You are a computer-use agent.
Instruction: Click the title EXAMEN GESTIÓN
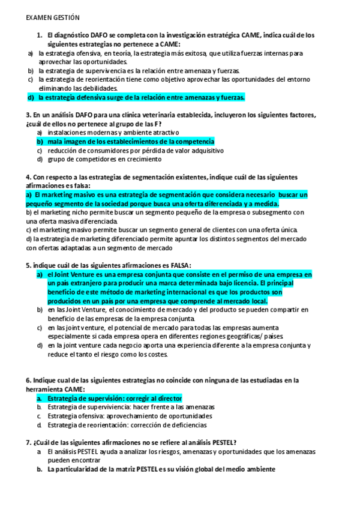pos(53,19)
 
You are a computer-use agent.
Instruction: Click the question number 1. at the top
pos(39,35)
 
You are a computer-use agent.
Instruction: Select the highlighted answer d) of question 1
pos(141,97)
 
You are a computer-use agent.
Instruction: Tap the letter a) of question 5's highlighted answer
pos(40,274)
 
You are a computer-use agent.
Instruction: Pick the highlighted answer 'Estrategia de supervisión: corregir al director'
pos(114,399)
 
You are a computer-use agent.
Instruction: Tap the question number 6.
pos(29,381)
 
